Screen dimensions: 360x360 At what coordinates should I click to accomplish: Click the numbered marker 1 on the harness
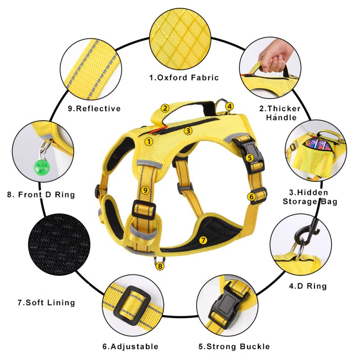pos(149,141)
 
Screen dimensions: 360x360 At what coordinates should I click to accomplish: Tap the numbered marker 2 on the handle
pos(165,108)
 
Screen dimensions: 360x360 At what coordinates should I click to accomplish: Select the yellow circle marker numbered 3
pos(188,130)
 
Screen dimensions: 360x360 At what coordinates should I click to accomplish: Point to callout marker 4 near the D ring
pos(229,107)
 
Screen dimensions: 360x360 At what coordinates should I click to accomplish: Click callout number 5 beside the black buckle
pos(250,157)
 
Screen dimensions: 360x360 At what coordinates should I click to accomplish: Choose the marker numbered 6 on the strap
pos(252,196)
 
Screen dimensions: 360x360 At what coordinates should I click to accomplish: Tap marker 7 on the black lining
pos(203,240)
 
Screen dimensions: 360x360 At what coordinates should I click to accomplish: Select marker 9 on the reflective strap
pos(145,190)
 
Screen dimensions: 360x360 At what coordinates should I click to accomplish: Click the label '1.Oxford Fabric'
pos(184,77)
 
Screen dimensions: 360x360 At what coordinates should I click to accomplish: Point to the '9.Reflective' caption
pos(94,108)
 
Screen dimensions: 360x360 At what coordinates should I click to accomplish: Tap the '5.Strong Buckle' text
pos(234,346)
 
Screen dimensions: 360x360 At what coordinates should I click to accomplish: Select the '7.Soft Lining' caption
pos(46,302)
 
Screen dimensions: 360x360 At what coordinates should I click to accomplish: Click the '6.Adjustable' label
pos(130,346)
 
